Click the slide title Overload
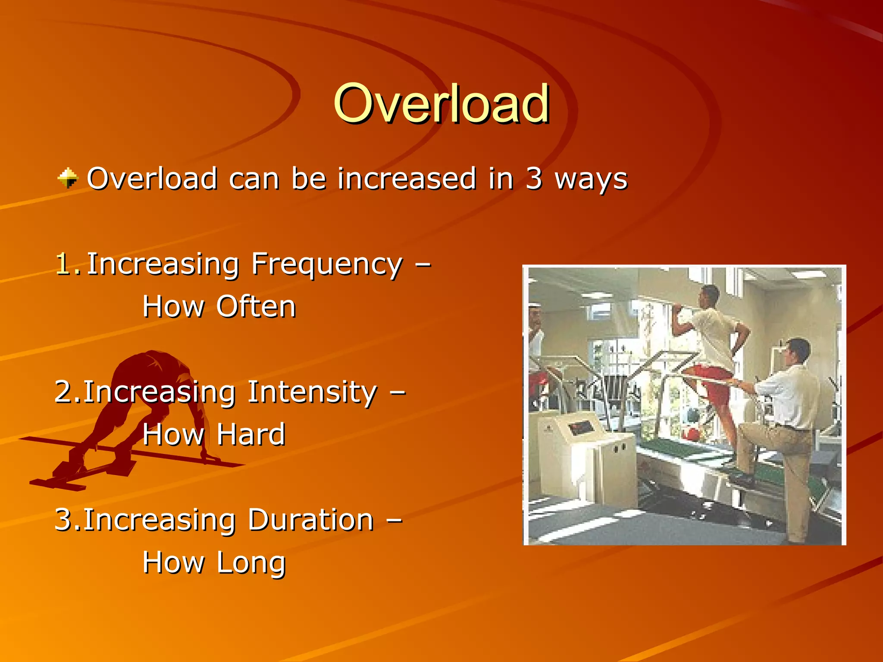(441, 103)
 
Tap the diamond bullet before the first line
(68, 178)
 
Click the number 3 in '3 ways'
(533, 178)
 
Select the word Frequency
(327, 265)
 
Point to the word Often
(256, 307)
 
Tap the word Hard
(250, 434)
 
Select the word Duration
(310, 520)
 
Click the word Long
(251, 563)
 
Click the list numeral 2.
(64, 392)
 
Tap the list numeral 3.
(64, 520)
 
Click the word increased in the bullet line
(407, 178)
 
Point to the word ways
(591, 179)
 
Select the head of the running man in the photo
(709, 295)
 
